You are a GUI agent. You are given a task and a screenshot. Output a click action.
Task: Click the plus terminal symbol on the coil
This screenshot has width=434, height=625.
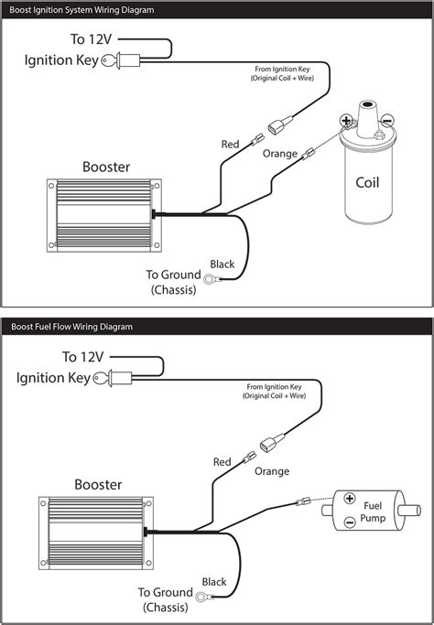coord(346,120)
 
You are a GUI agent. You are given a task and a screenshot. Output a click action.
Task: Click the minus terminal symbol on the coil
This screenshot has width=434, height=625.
coord(387,120)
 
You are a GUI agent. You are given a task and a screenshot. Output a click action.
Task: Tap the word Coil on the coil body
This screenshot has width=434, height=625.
coord(367,182)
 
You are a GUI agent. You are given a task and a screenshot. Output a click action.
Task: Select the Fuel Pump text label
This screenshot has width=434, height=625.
coord(373,512)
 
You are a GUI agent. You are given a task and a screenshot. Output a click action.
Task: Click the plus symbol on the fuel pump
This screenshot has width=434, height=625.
coord(350,498)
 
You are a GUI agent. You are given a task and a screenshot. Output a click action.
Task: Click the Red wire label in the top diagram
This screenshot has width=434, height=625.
coord(230,144)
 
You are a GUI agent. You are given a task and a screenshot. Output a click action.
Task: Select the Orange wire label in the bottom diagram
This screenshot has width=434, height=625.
coord(272,471)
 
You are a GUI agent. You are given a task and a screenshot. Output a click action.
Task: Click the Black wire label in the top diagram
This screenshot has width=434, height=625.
coord(222,264)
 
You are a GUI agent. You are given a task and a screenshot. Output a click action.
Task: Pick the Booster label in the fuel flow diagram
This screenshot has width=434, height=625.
coord(98,484)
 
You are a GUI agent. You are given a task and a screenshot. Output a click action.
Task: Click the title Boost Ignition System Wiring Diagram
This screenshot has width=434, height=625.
coord(81,10)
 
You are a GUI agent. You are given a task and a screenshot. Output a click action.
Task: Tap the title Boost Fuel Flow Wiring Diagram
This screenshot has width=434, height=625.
coord(71,327)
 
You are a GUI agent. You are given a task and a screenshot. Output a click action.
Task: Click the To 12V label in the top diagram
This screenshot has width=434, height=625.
coord(91,39)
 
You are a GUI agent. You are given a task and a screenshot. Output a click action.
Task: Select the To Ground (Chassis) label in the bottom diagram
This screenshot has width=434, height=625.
coord(165,599)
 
